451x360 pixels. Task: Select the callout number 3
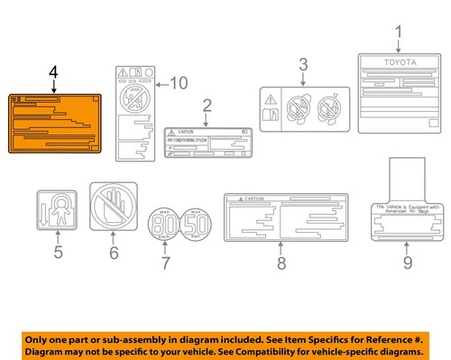[303, 64]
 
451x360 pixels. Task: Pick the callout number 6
[114, 254]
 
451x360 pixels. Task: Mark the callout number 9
[407, 263]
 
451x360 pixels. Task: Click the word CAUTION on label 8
[253, 198]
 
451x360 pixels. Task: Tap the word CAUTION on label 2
[186, 132]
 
